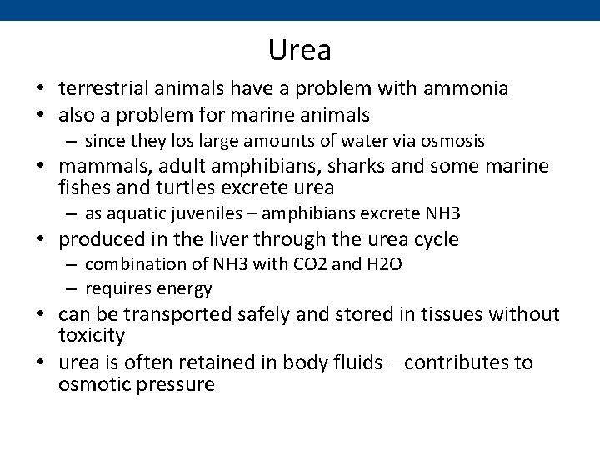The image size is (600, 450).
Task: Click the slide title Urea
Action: point(300,51)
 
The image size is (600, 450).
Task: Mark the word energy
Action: point(188,289)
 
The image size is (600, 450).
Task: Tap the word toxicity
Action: point(92,336)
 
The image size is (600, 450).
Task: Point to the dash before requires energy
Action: point(72,289)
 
